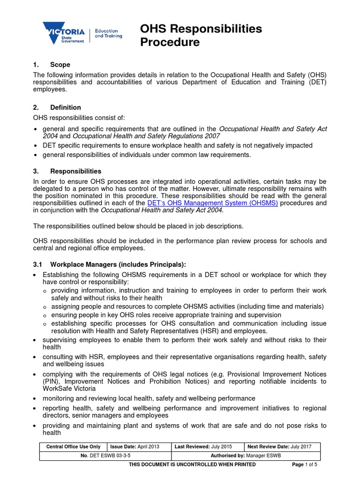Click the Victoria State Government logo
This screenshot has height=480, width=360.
coord(64,33)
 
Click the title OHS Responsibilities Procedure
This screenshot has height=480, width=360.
coord(201,36)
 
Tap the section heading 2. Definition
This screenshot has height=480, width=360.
coord(57,107)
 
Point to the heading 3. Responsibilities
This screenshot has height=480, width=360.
coord(67,172)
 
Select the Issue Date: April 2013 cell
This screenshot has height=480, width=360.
coord(140,447)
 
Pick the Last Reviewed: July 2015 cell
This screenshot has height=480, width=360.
coord(209,447)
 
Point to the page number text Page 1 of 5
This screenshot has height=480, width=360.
coord(305,465)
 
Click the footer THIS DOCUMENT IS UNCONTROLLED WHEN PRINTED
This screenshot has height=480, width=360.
coord(192,465)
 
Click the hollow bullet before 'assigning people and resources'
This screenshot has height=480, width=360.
coord(45,307)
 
